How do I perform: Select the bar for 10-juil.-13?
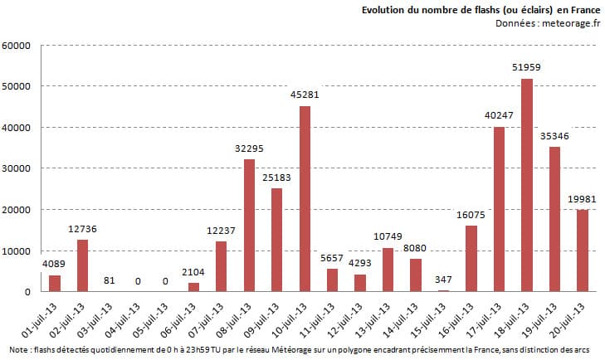(305, 198)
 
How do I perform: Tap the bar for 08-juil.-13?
(249, 225)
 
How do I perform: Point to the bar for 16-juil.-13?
(471, 258)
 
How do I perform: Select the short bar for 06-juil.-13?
(193, 287)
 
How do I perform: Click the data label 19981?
(583, 200)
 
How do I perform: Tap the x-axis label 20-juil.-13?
(571, 319)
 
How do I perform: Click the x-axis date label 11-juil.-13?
(321, 319)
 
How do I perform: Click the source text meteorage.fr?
(568, 23)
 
